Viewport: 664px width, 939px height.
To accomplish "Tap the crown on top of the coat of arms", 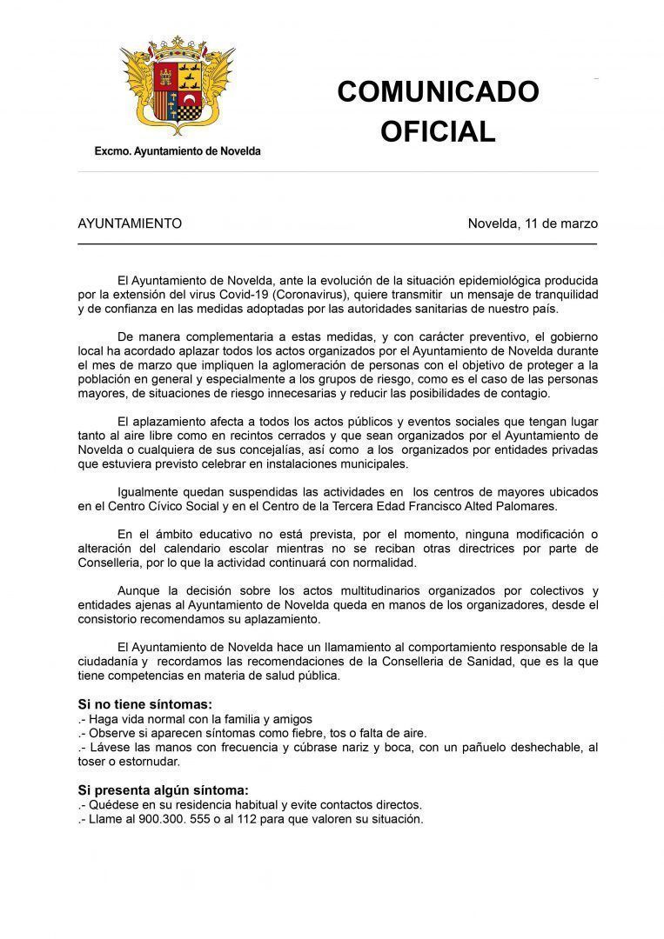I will (177, 44).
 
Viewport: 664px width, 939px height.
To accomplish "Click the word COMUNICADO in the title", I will (438, 91).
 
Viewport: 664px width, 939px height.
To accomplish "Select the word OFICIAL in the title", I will (438, 131).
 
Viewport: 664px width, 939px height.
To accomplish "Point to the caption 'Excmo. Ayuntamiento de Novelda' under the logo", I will (178, 151).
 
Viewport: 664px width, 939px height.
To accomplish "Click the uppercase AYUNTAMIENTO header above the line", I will (130, 223).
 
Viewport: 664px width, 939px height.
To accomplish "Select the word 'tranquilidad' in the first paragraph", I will (559, 294).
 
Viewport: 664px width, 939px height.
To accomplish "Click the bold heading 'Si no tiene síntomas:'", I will (144, 704).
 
